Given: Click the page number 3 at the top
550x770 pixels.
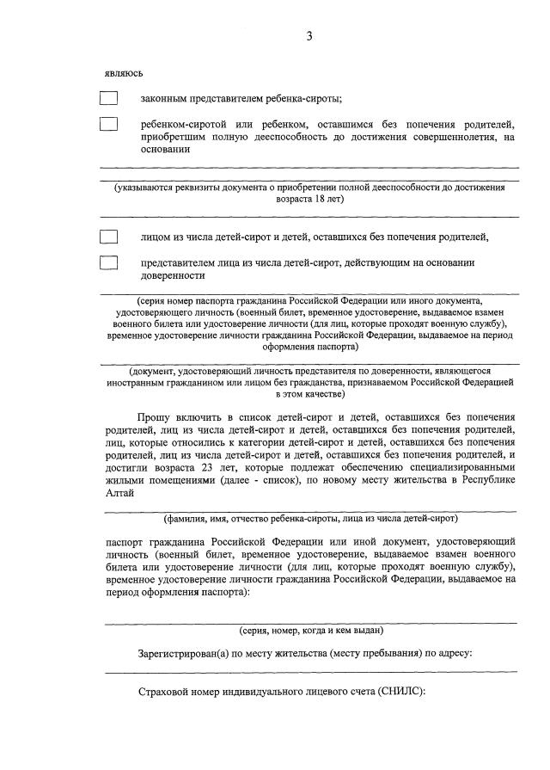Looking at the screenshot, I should pos(309,35).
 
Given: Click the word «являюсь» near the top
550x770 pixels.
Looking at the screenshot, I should pos(124,74).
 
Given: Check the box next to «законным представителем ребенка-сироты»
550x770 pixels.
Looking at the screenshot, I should pos(108,97).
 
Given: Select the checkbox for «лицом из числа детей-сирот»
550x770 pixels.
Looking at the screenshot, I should pos(108,237).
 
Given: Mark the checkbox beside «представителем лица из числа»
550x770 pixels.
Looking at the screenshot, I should pos(108,262).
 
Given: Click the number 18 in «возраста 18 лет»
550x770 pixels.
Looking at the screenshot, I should pos(321,199).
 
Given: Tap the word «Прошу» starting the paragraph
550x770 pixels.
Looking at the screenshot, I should pos(154,416).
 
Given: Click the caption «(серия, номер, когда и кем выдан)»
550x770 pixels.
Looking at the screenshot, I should pos(311,630).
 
